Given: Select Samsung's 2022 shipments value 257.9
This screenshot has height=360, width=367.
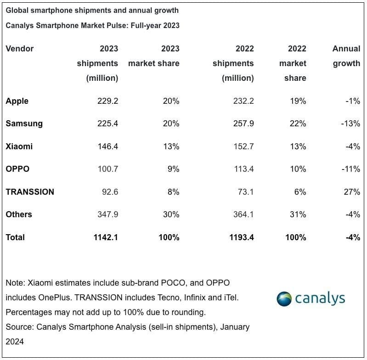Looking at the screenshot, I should click(x=243, y=124).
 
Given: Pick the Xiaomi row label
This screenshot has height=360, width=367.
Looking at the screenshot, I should click(x=19, y=146).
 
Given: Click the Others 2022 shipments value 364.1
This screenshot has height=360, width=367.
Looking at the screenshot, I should click(x=243, y=214).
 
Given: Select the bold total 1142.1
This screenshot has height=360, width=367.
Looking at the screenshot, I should click(x=106, y=237).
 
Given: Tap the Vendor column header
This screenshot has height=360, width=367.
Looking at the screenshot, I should click(x=19, y=49).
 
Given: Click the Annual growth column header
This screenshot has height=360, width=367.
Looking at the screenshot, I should click(x=346, y=56).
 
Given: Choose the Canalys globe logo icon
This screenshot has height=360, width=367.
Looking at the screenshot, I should click(x=284, y=298).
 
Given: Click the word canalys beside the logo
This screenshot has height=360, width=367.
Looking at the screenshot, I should click(x=320, y=298).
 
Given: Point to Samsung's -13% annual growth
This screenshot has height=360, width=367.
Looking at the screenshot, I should click(x=351, y=124).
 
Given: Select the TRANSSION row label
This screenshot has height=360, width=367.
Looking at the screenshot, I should click(x=30, y=192).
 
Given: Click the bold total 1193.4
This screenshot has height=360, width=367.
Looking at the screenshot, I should click(x=242, y=237).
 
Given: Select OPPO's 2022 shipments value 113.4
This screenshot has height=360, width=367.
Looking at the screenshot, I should click(x=243, y=169).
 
